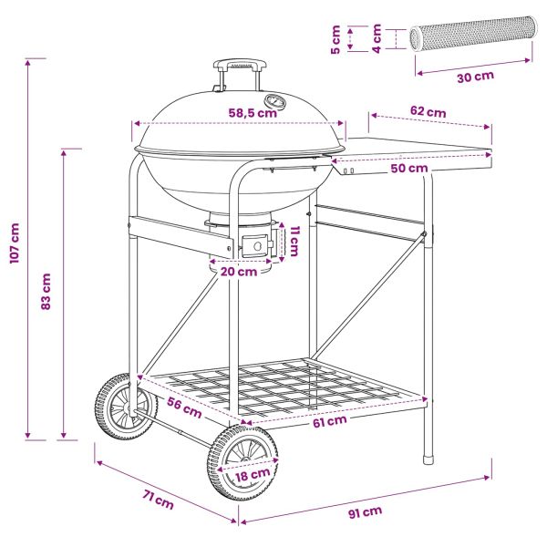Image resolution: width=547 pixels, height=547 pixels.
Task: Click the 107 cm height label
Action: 15,243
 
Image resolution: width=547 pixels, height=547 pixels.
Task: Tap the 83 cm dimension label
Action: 46,292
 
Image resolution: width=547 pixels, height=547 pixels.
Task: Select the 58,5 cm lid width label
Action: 253,113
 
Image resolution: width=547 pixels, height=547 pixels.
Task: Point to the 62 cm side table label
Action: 428,111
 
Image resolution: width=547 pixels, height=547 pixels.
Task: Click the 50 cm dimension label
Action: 409,168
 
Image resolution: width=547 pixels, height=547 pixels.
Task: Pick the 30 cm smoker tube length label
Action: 476,77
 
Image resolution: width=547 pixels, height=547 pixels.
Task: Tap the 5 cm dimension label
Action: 335,39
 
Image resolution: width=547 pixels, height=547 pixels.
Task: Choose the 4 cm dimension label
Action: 377,38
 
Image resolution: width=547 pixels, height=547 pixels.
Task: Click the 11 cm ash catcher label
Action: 294,241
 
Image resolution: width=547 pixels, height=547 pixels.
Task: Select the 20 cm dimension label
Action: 239,272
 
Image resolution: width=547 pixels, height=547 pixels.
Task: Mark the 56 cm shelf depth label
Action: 184,407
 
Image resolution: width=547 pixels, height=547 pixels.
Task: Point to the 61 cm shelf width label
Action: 330,421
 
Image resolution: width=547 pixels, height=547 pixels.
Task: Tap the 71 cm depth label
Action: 158,500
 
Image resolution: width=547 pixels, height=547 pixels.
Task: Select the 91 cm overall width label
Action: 365,512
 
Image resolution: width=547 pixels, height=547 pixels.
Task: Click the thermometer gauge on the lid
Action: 275,101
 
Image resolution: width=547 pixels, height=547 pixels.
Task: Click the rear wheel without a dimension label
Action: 125,407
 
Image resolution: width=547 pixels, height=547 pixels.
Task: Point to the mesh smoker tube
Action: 471,34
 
